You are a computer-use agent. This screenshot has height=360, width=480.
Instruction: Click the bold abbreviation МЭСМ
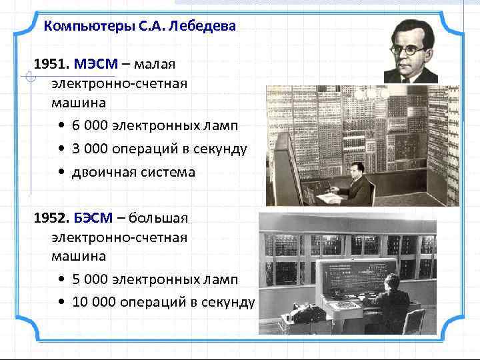pos(97,64)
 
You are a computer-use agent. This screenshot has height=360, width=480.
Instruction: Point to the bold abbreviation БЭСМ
pos(97,218)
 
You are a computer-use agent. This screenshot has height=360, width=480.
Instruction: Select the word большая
pos(160,218)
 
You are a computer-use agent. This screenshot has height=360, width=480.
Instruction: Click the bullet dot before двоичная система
pos(61,173)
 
